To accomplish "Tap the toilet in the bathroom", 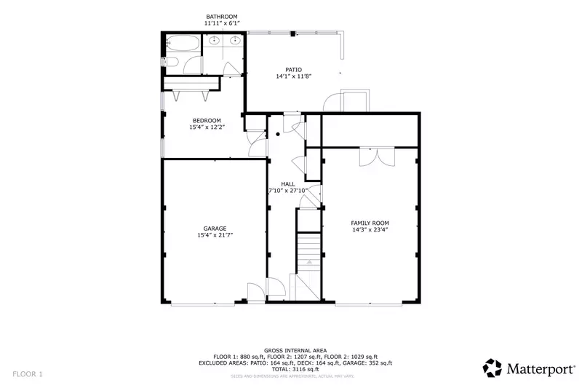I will (x=169, y=63).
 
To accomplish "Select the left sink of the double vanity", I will (x=215, y=41).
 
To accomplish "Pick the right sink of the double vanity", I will (x=234, y=41).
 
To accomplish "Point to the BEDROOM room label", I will (x=207, y=121).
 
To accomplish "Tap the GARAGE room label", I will (x=215, y=228).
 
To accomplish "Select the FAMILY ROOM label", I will (x=370, y=223).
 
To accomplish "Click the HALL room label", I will (x=287, y=183).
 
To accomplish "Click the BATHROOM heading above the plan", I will (x=221, y=17).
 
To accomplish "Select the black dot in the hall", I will (x=278, y=135).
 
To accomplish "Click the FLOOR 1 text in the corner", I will (x=27, y=374).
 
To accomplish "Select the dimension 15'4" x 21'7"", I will (x=215, y=235).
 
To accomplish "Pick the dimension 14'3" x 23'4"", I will (x=370, y=230).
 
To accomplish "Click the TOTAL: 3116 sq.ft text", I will (x=295, y=369).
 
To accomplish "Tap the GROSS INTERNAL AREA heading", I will (x=295, y=350).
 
